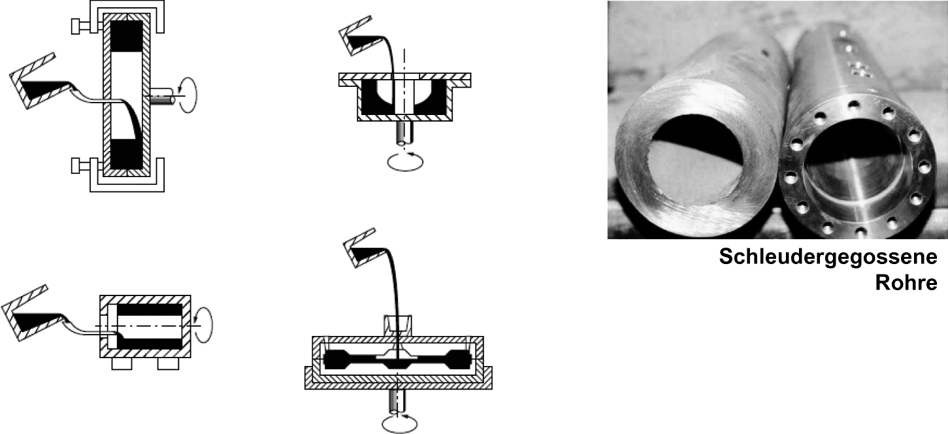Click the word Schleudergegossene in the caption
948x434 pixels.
(x=828, y=257)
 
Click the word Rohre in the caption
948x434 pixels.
(x=906, y=283)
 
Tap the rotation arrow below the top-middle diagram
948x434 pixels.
(x=406, y=162)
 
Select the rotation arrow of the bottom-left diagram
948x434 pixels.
(x=204, y=325)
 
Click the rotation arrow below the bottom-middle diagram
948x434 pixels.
(x=399, y=424)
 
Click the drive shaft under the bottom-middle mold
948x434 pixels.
(x=397, y=401)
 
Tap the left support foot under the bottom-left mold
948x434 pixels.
(x=122, y=363)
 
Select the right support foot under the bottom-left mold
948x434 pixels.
(x=168, y=363)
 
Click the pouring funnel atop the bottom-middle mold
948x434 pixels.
(x=398, y=326)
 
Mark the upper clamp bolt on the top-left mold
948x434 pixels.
(x=85, y=26)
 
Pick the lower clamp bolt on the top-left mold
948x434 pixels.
(x=85, y=165)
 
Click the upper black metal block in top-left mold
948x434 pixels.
(x=127, y=36)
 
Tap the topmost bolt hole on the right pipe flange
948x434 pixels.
(x=854, y=104)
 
